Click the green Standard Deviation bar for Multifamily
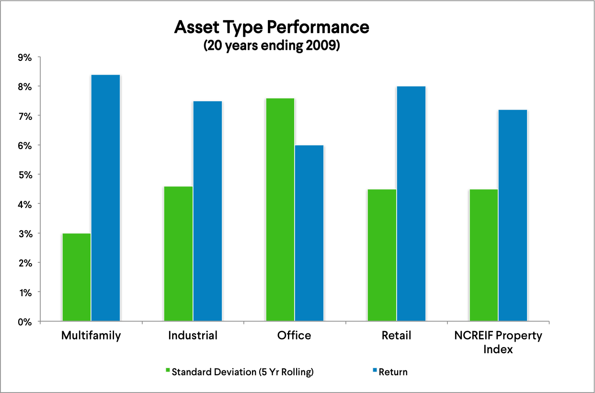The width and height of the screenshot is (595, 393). tap(77, 277)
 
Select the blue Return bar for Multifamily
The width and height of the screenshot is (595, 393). tap(105, 198)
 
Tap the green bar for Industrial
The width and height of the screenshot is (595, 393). tap(178, 254)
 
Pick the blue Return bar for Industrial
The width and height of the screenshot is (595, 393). tap(207, 211)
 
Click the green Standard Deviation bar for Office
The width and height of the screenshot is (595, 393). tap(280, 209)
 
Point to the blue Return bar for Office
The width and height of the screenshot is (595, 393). tap(309, 233)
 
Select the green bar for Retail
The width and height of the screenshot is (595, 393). tap(382, 255)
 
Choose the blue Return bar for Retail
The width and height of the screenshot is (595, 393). tap(411, 204)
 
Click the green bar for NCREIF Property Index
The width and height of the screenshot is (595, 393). tap(484, 255)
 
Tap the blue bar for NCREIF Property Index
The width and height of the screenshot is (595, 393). tap(513, 215)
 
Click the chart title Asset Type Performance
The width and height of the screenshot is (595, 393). tap(272, 27)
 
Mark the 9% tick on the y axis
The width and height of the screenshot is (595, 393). tap(24, 58)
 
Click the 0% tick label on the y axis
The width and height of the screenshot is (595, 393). tap(24, 322)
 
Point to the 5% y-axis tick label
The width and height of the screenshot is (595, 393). tap(24, 175)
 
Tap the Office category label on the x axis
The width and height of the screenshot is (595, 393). tap(294, 335)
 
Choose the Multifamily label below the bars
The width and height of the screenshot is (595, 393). tap(91, 335)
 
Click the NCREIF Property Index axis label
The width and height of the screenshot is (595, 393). tap(498, 342)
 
